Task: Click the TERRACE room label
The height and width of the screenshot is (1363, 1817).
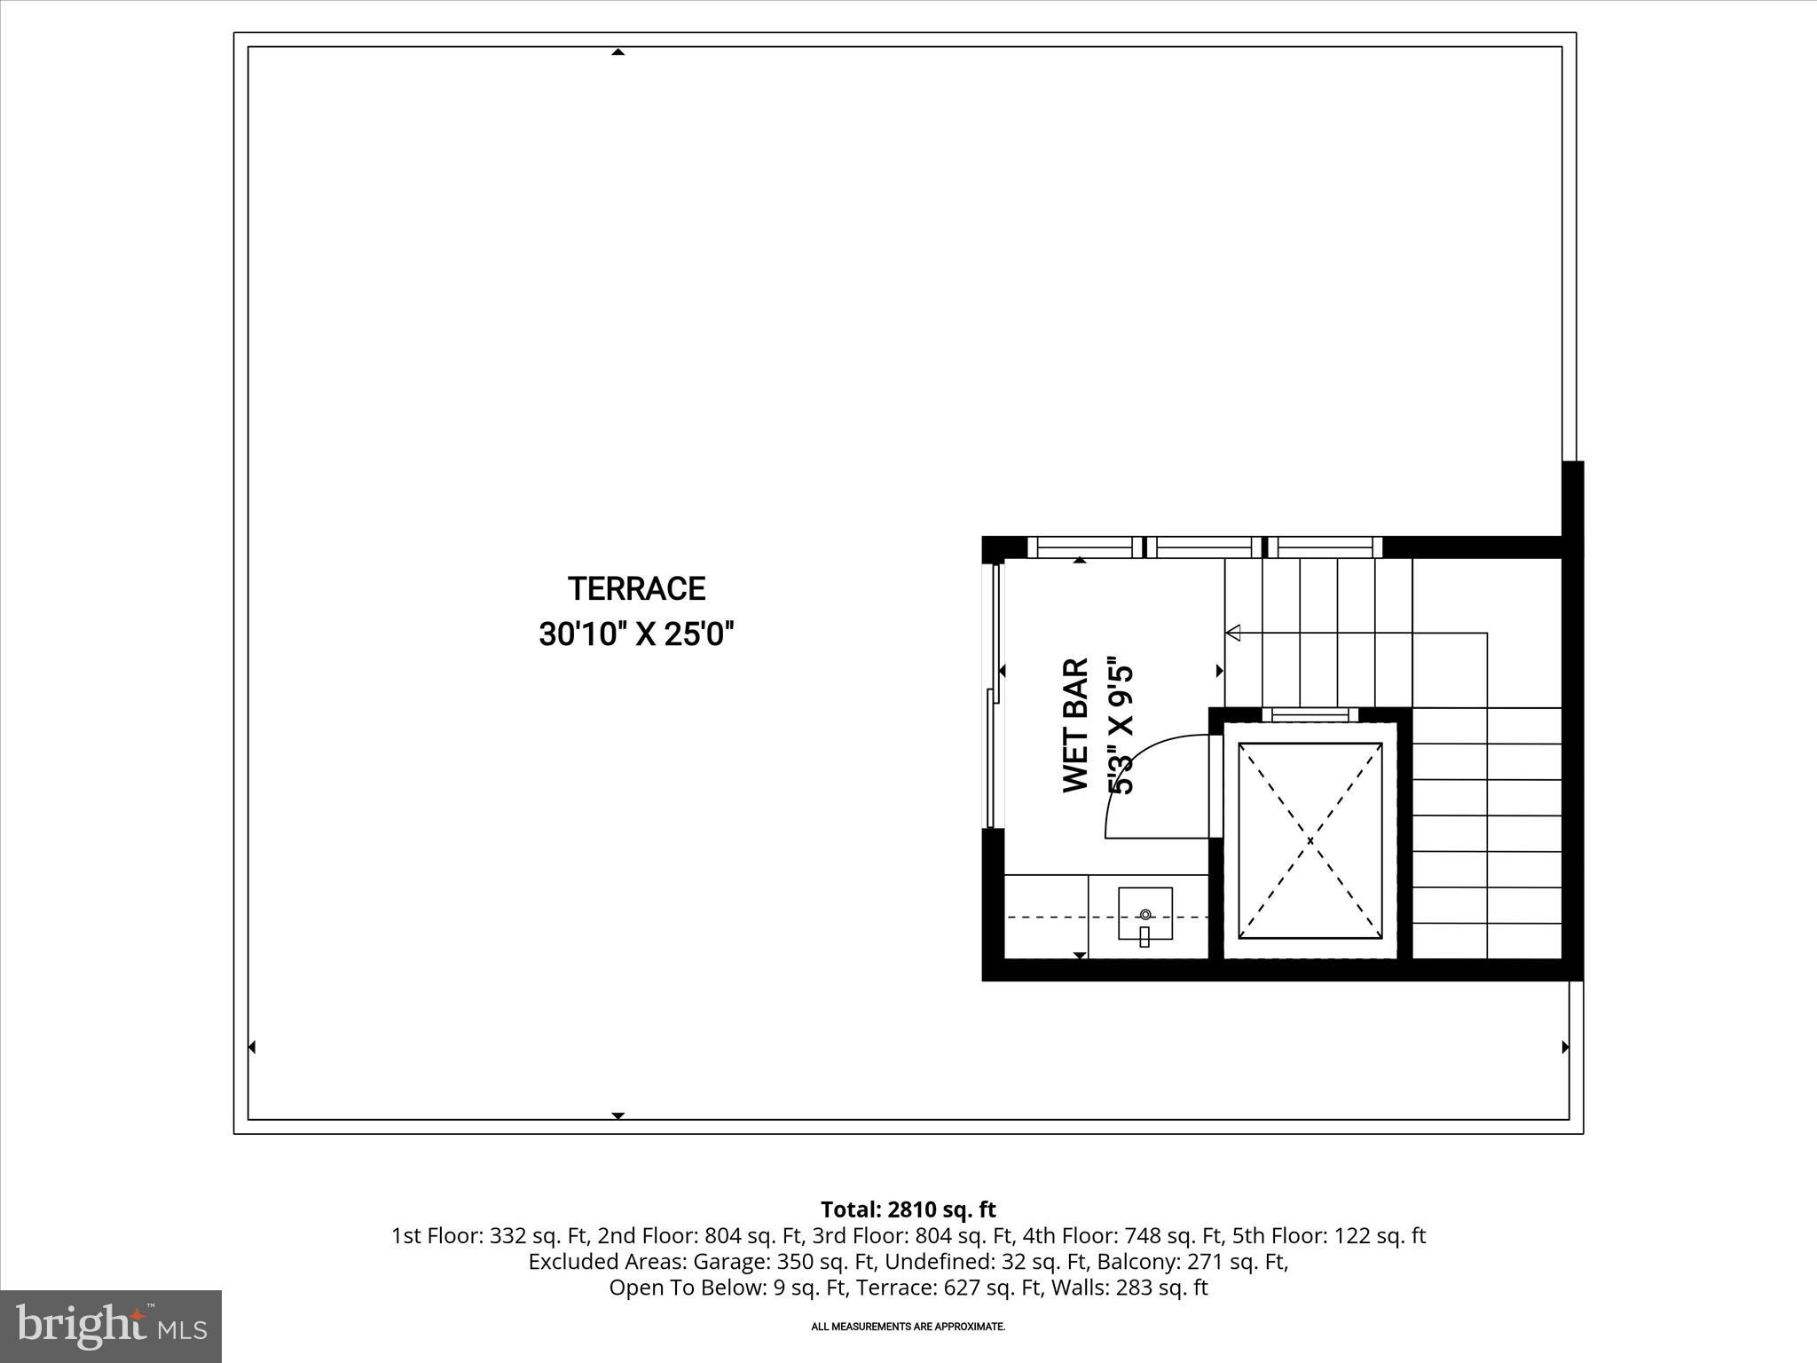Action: [x=636, y=589]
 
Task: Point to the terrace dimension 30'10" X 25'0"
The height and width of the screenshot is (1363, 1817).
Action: [x=636, y=635]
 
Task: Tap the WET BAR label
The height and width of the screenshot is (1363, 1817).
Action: [x=1075, y=725]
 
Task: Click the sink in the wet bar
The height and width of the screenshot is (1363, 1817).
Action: [x=1144, y=915]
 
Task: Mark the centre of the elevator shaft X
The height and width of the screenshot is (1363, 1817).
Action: [x=1310, y=839]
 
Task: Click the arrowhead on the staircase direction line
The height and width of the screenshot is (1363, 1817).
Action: [x=1232, y=633]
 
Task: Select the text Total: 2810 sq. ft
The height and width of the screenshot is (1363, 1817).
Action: [x=908, y=1209]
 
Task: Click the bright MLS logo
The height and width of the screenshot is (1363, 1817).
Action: [x=111, y=1326]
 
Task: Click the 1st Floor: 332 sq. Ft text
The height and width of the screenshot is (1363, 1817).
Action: [x=491, y=1236]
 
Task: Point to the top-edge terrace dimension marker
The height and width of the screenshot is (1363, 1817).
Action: [x=618, y=52]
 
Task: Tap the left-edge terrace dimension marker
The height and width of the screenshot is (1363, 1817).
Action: [x=252, y=1047]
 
